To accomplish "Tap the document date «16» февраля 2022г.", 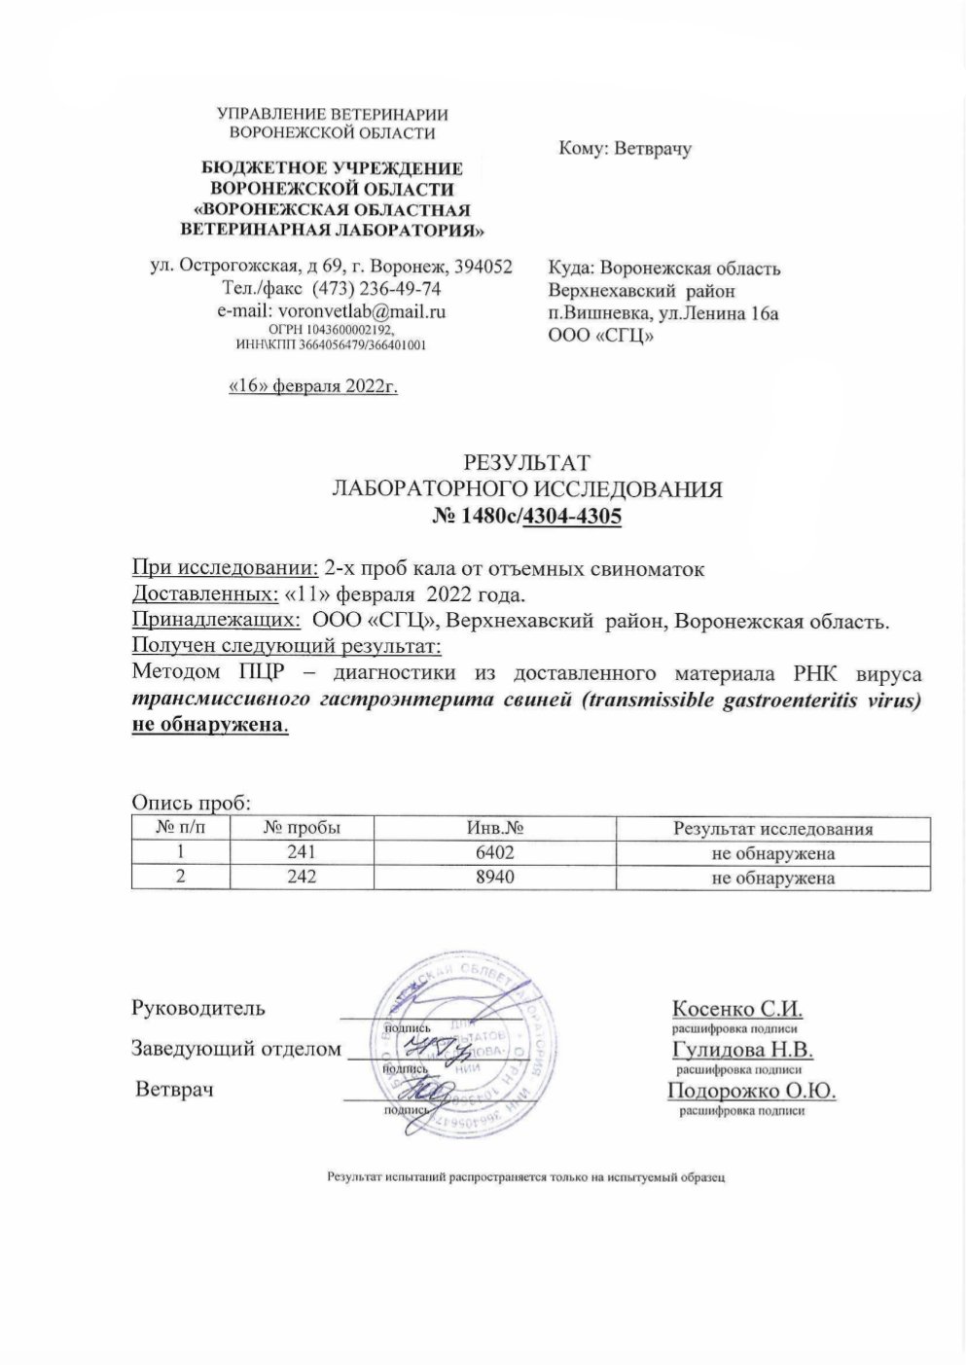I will tap(313, 386).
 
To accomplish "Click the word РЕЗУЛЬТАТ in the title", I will tap(527, 462).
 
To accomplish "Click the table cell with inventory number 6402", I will tap(490, 853).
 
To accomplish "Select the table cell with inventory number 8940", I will tap(490, 878).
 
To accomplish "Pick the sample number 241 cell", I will tap(302, 853).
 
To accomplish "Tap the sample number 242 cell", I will tap(302, 878).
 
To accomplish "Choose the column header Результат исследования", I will tap(773, 829).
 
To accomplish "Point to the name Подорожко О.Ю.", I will tap(752, 1090).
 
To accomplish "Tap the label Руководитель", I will tap(197, 1008).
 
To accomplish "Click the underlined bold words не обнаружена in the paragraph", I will tap(208, 726).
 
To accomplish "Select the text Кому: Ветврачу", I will tap(625, 150).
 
